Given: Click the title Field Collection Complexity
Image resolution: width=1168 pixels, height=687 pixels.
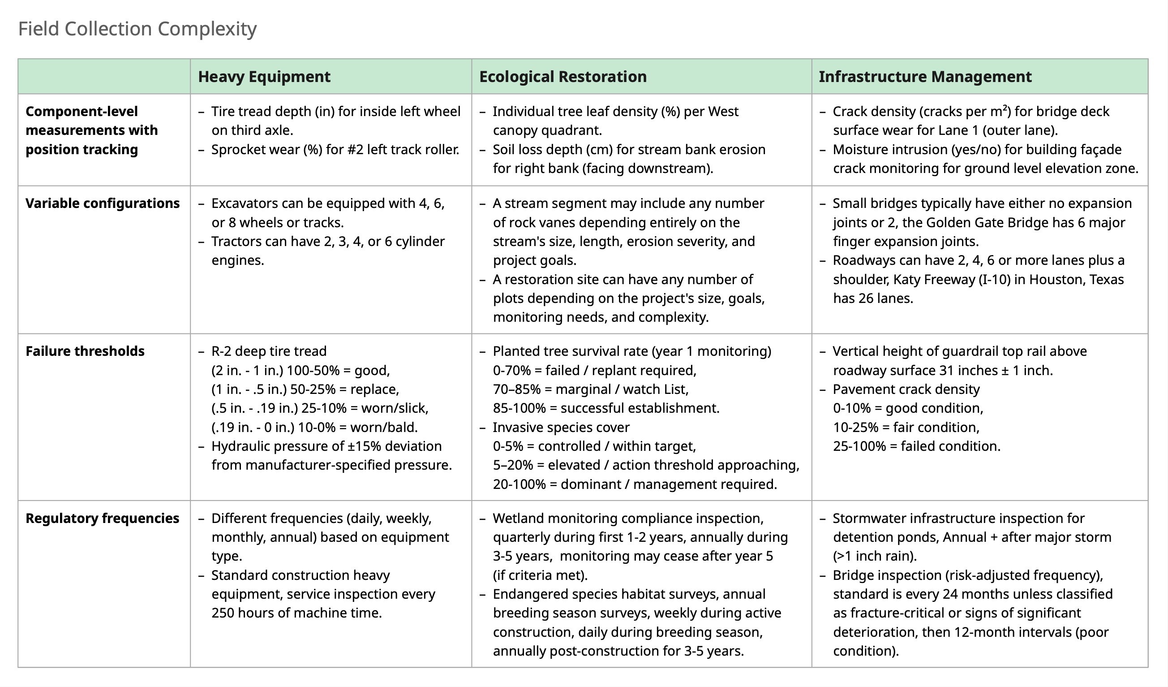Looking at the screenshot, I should [x=137, y=29].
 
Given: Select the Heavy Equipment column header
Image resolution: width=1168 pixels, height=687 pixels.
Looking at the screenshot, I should [x=264, y=77].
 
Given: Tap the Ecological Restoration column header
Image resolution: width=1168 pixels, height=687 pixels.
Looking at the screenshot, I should [x=563, y=77].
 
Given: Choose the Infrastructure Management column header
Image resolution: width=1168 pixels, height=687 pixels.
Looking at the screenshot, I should [x=925, y=77].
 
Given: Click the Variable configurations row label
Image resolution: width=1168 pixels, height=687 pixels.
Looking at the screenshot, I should [x=103, y=203].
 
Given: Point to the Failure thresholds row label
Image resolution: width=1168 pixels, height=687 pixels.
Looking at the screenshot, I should [x=85, y=351].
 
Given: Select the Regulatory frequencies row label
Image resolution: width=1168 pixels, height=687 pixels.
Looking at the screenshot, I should [x=102, y=518].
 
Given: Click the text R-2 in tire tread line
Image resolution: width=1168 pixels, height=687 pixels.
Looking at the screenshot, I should [x=221, y=351].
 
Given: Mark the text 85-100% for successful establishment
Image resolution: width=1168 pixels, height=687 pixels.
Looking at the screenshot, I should [x=519, y=408].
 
